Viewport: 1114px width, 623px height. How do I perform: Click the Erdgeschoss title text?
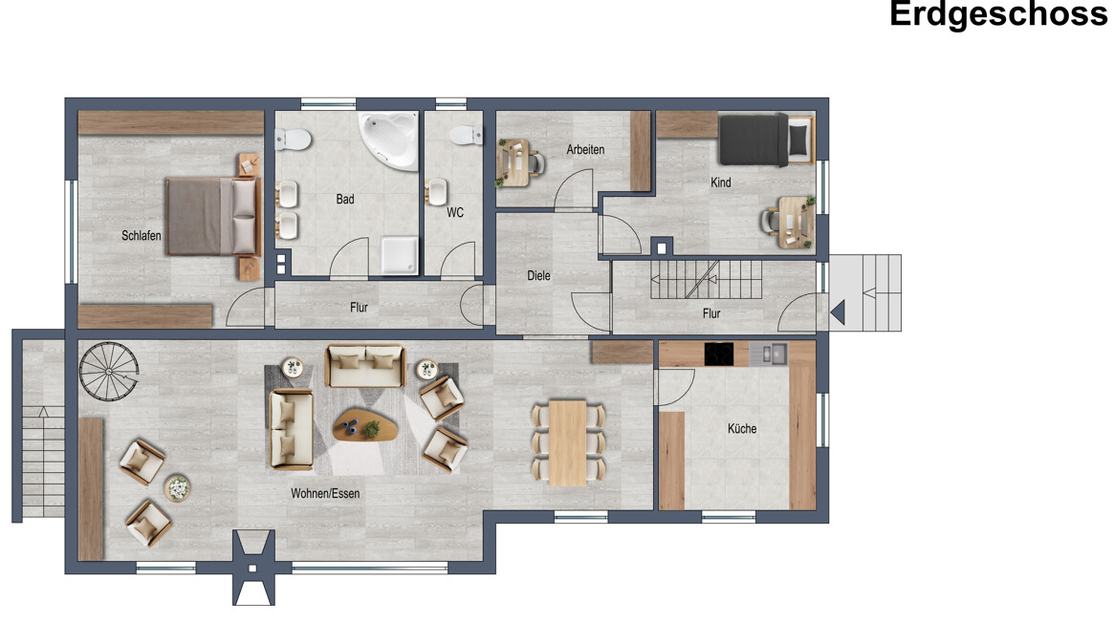(x=998, y=14)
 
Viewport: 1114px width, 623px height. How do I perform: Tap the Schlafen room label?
(x=142, y=236)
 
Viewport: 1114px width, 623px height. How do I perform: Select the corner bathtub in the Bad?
(x=389, y=140)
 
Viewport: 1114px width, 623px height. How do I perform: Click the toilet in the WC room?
(x=466, y=135)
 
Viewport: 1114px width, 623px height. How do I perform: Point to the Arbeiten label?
(x=585, y=150)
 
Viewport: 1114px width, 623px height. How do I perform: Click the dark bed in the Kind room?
(x=766, y=140)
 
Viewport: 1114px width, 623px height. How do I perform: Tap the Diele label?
(x=538, y=276)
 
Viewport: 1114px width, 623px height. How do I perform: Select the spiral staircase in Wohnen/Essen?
(x=108, y=371)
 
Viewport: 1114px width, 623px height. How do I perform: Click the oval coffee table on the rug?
(x=366, y=424)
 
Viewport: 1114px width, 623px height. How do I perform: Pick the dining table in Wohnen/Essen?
(x=568, y=442)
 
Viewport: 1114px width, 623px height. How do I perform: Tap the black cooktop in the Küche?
(x=719, y=354)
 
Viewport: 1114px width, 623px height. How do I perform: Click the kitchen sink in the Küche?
(x=769, y=354)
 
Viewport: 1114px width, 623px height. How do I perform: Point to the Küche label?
(x=742, y=429)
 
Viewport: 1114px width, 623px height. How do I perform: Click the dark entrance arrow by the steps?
(x=838, y=312)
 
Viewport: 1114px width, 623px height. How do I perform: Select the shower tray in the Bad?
(x=400, y=255)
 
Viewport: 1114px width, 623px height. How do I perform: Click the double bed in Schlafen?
(x=211, y=216)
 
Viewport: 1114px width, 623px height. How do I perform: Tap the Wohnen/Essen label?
(x=325, y=494)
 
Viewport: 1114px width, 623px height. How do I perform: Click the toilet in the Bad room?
(x=293, y=140)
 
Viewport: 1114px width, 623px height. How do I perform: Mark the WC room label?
(x=455, y=212)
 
